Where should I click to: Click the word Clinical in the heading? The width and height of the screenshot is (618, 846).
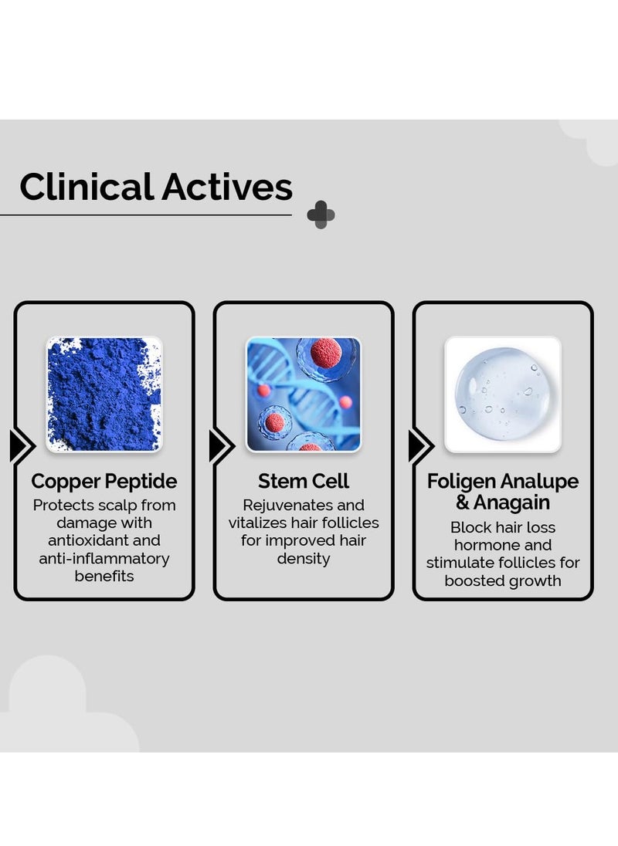(87, 188)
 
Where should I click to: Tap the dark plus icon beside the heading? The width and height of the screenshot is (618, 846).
(321, 215)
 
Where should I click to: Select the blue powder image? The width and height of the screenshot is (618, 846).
(104, 394)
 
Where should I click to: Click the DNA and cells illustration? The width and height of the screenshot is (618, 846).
(304, 394)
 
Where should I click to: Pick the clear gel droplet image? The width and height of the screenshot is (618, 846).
(503, 394)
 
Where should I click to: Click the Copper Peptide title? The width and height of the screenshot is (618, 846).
(104, 482)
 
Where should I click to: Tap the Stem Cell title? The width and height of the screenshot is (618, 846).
(304, 482)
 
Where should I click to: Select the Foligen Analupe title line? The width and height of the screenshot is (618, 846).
(503, 482)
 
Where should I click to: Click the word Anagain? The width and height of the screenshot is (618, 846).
(511, 503)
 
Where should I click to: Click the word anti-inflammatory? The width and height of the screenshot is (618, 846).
(104, 558)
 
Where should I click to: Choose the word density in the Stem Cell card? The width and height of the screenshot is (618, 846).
(304, 558)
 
